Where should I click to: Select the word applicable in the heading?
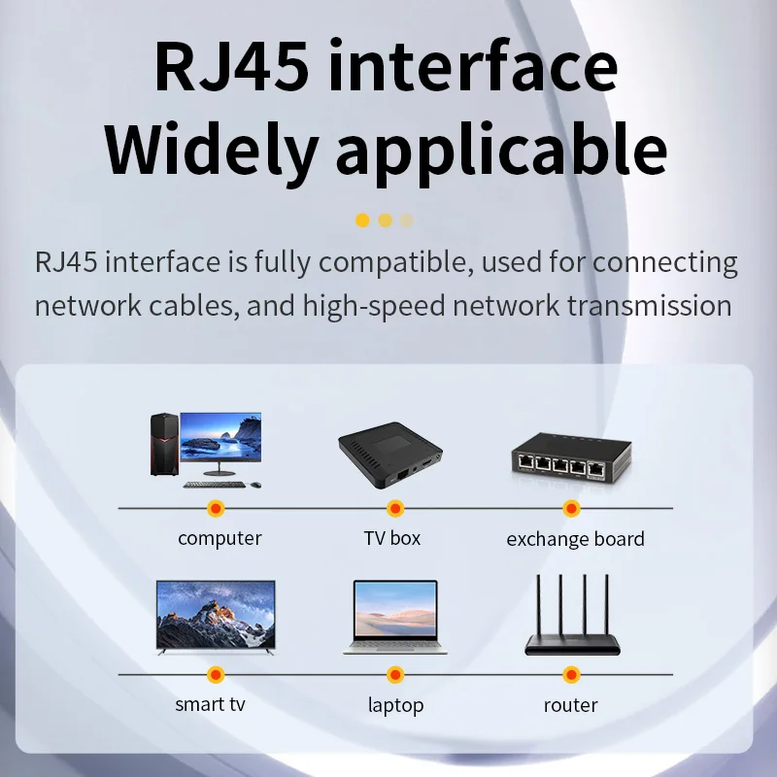click(x=499, y=151)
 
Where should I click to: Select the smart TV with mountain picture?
click(x=216, y=616)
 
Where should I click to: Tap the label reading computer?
click(x=220, y=538)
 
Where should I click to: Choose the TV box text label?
click(x=392, y=538)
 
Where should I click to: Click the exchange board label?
click(x=575, y=539)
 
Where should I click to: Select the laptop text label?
click(x=395, y=706)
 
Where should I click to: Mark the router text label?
click(x=570, y=705)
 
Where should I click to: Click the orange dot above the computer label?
click(x=216, y=508)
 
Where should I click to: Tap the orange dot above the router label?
click(x=571, y=674)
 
